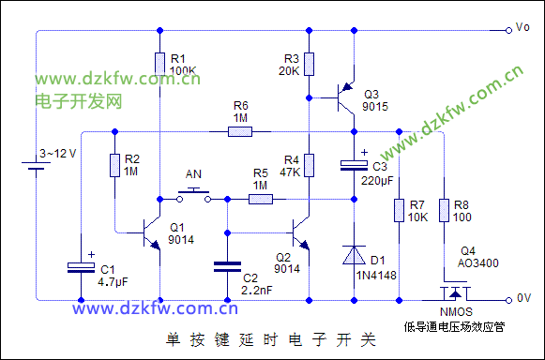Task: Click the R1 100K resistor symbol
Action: click(x=159, y=62)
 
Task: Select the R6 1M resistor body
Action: click(x=240, y=130)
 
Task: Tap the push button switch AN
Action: click(x=195, y=195)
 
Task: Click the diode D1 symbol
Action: click(x=353, y=255)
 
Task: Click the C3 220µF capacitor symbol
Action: click(x=353, y=166)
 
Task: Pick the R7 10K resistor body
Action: click(x=399, y=211)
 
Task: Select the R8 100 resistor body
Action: click(x=443, y=211)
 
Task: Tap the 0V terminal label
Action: click(x=524, y=298)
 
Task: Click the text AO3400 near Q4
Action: click(x=478, y=263)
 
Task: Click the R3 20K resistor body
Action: click(x=309, y=64)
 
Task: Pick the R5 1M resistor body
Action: click(x=260, y=198)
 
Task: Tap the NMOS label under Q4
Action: click(x=456, y=312)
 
